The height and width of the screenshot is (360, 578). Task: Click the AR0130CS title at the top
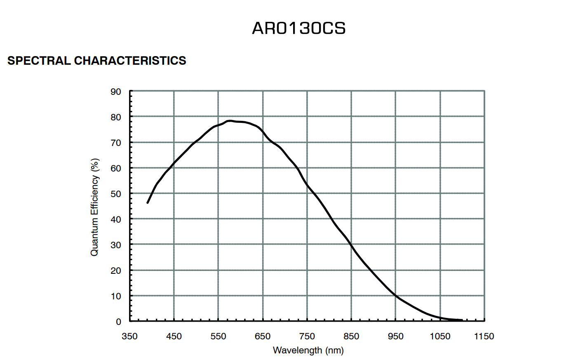click(x=298, y=28)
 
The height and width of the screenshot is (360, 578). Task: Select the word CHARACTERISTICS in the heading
click(x=130, y=61)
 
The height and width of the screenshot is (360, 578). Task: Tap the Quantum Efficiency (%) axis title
click(x=95, y=207)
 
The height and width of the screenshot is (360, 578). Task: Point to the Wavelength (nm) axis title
click(x=308, y=350)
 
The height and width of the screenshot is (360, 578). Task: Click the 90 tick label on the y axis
click(x=116, y=92)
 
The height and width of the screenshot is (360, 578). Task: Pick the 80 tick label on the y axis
click(x=116, y=117)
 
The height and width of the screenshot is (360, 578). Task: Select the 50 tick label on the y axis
click(x=116, y=194)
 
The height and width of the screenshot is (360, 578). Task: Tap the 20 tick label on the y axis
click(x=116, y=271)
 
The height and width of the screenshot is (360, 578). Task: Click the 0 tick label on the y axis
click(x=119, y=322)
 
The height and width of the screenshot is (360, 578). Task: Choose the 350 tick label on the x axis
click(x=129, y=336)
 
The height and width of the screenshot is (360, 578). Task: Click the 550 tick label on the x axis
click(x=218, y=336)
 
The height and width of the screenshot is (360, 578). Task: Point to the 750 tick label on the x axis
click(x=307, y=336)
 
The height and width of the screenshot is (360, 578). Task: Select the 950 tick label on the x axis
click(x=395, y=336)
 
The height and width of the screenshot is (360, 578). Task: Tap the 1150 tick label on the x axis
click(x=484, y=336)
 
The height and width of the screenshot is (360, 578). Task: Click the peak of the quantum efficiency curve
click(x=230, y=121)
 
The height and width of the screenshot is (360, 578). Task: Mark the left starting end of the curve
click(x=148, y=202)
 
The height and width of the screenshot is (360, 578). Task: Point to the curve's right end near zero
click(x=461, y=320)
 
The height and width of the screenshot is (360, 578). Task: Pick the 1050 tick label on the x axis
click(x=440, y=336)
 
